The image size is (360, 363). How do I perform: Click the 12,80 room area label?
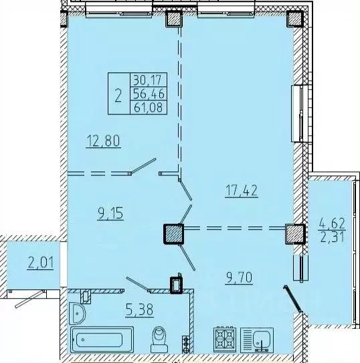[x=103, y=141]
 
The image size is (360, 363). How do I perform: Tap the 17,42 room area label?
[x=241, y=192]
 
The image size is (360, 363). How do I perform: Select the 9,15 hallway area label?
[x=110, y=213]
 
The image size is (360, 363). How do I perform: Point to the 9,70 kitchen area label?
[x=238, y=277]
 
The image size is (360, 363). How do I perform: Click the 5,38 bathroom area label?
[x=139, y=309]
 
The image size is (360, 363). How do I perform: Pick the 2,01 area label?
[x=40, y=263]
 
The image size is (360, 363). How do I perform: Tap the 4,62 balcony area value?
[x=332, y=224]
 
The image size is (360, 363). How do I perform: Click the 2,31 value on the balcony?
[x=332, y=236]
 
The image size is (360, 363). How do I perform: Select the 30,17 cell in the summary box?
[x=149, y=80]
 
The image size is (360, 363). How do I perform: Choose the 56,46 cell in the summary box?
[x=149, y=94]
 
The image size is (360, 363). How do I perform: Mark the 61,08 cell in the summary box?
[x=149, y=107]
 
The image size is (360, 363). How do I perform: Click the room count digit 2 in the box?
[x=118, y=95]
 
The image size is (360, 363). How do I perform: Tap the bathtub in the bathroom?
[x=102, y=340]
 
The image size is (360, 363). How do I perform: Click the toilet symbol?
[x=159, y=339]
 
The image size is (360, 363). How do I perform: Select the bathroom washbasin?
[x=77, y=313]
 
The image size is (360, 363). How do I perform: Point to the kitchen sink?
[x=257, y=340]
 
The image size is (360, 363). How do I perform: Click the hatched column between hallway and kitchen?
[x=173, y=234]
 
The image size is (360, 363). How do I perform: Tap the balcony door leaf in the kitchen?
[x=292, y=299]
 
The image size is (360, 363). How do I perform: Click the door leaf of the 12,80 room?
[x=143, y=165]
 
